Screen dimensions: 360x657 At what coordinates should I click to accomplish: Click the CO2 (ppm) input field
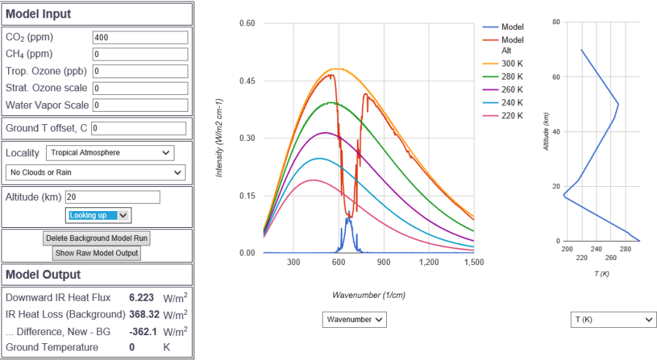(x=139, y=37)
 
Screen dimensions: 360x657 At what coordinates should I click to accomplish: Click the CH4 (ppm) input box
(x=139, y=54)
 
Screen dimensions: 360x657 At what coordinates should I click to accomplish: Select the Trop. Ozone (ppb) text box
(x=139, y=71)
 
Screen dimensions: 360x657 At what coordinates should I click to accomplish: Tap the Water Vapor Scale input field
(x=139, y=105)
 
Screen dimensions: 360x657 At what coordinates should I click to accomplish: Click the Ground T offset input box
(x=139, y=129)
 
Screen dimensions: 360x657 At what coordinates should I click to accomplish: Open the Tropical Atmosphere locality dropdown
(x=110, y=153)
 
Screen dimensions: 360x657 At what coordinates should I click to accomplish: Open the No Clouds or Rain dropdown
(x=95, y=172)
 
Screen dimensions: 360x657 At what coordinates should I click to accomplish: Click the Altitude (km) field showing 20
(x=112, y=197)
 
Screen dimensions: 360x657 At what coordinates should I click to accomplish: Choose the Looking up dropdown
(x=99, y=215)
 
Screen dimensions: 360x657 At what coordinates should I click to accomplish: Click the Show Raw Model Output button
(x=97, y=253)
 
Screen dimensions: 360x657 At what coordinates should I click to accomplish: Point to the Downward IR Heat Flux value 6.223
(x=142, y=298)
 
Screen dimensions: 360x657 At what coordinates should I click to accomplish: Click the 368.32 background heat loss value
(x=144, y=315)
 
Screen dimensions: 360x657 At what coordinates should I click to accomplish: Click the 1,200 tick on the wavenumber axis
(x=429, y=261)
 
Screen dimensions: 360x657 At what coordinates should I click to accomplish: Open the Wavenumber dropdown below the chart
(x=354, y=320)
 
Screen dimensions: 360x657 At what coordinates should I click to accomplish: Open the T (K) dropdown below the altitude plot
(x=612, y=320)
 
